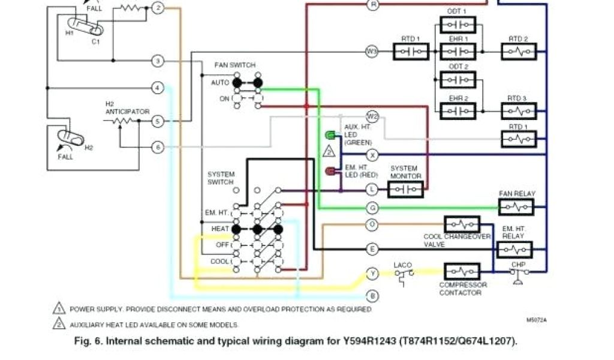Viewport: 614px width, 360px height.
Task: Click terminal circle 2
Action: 157,8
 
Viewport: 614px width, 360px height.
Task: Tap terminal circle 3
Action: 157,61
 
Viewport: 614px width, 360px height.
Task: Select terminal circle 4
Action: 157,88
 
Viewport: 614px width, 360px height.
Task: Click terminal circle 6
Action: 157,147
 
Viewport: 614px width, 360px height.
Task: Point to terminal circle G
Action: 373,208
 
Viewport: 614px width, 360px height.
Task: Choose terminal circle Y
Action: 373,274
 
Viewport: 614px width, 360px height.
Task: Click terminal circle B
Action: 373,295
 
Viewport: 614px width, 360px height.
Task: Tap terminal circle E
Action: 373,248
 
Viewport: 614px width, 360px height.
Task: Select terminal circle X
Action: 373,155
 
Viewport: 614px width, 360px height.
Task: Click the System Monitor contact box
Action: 405,190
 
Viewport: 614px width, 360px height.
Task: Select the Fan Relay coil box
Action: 516,207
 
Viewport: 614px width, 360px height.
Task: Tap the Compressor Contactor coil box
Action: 461,271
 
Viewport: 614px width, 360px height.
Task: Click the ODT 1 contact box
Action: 458,25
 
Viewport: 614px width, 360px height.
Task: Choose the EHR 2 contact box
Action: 458,111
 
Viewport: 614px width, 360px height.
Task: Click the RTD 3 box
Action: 519,111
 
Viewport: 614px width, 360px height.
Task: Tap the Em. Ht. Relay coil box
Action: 514,249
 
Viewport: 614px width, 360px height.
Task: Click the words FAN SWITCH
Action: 234,65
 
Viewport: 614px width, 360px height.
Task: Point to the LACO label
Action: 402,265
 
